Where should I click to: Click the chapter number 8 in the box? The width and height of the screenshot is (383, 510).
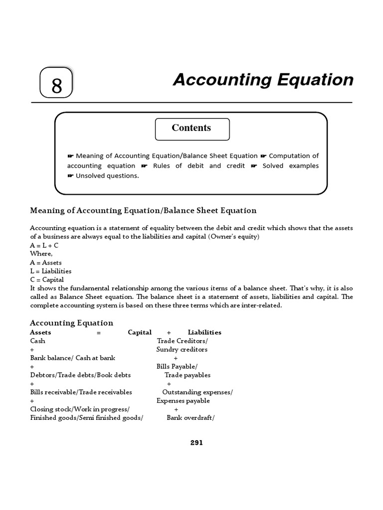click(x=56, y=85)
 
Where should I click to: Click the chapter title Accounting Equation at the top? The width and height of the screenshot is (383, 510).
click(x=263, y=80)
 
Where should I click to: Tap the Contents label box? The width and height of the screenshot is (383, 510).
click(x=192, y=128)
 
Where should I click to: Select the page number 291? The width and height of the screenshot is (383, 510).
click(x=196, y=443)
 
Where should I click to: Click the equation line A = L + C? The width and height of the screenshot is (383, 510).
click(x=44, y=246)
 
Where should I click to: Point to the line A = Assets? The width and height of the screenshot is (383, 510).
click(x=46, y=262)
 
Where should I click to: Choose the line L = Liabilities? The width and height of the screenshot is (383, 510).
click(x=50, y=271)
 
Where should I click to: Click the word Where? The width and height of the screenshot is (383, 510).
click(x=41, y=254)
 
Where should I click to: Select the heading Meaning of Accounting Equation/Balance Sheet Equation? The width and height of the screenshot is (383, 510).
click(x=143, y=211)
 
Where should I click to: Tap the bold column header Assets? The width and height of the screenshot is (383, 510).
click(x=40, y=332)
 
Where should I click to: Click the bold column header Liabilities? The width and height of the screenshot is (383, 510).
click(x=204, y=332)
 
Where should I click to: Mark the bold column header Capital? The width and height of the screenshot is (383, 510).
click(x=140, y=332)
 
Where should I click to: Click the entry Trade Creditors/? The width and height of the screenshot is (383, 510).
click(x=183, y=341)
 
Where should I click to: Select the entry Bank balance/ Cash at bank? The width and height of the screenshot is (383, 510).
click(x=72, y=358)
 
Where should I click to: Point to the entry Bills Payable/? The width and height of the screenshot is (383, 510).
click(x=177, y=367)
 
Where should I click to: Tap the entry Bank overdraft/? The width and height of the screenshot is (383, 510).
click(x=191, y=418)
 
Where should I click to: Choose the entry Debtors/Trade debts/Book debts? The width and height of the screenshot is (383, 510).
click(x=76, y=375)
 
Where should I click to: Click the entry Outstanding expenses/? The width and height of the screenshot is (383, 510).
click(x=197, y=392)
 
